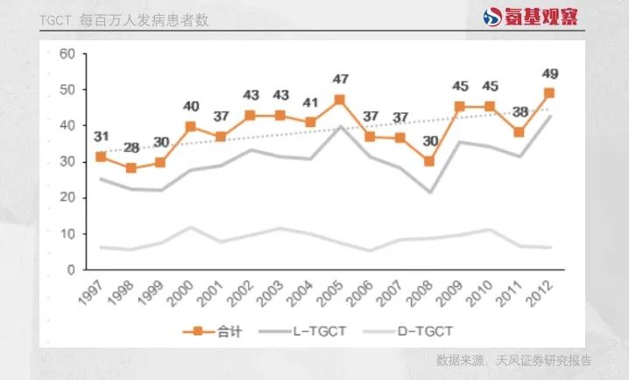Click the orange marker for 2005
339,100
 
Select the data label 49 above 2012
550,74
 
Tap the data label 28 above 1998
131,147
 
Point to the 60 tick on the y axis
65,53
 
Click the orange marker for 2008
429,161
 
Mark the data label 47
339,81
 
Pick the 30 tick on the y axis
65,161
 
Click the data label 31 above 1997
102,137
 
